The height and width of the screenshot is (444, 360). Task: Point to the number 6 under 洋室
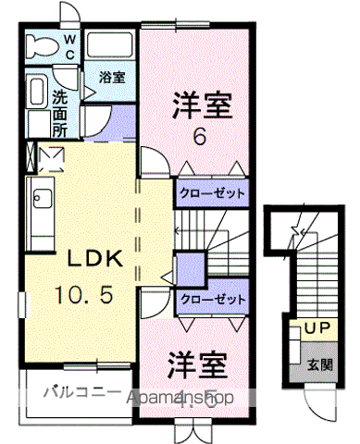pos(198,136)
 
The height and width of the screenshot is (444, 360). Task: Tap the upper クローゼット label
pos(212,193)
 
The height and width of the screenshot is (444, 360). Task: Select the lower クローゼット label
pos(212,300)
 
